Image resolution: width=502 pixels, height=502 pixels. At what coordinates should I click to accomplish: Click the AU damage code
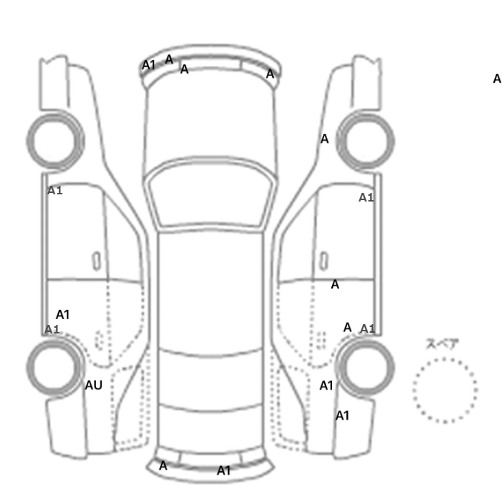(93, 385)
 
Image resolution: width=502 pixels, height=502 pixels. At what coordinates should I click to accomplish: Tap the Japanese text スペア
(442, 344)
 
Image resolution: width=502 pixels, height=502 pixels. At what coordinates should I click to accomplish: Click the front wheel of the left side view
(55, 115)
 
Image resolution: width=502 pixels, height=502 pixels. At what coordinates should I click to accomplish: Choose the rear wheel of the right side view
(365, 341)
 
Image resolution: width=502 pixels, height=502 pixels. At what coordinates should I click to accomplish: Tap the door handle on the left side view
(96, 261)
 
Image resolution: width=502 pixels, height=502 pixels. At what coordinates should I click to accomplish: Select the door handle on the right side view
(324, 261)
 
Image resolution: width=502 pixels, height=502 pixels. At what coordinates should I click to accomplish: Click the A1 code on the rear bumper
(224, 470)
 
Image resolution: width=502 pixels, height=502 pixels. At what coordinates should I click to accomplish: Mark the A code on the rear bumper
(163, 465)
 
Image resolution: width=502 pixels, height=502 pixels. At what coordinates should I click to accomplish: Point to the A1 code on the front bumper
(148, 65)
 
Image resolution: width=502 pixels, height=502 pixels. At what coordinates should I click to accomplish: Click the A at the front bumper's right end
(270, 74)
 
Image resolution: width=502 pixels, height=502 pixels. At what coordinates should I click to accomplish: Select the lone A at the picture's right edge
(497, 79)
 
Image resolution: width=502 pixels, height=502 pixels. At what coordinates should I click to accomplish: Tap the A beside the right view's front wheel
(324, 139)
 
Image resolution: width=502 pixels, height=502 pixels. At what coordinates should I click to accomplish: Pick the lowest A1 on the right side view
(342, 416)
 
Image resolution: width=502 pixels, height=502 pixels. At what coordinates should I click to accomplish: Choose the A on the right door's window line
(335, 284)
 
